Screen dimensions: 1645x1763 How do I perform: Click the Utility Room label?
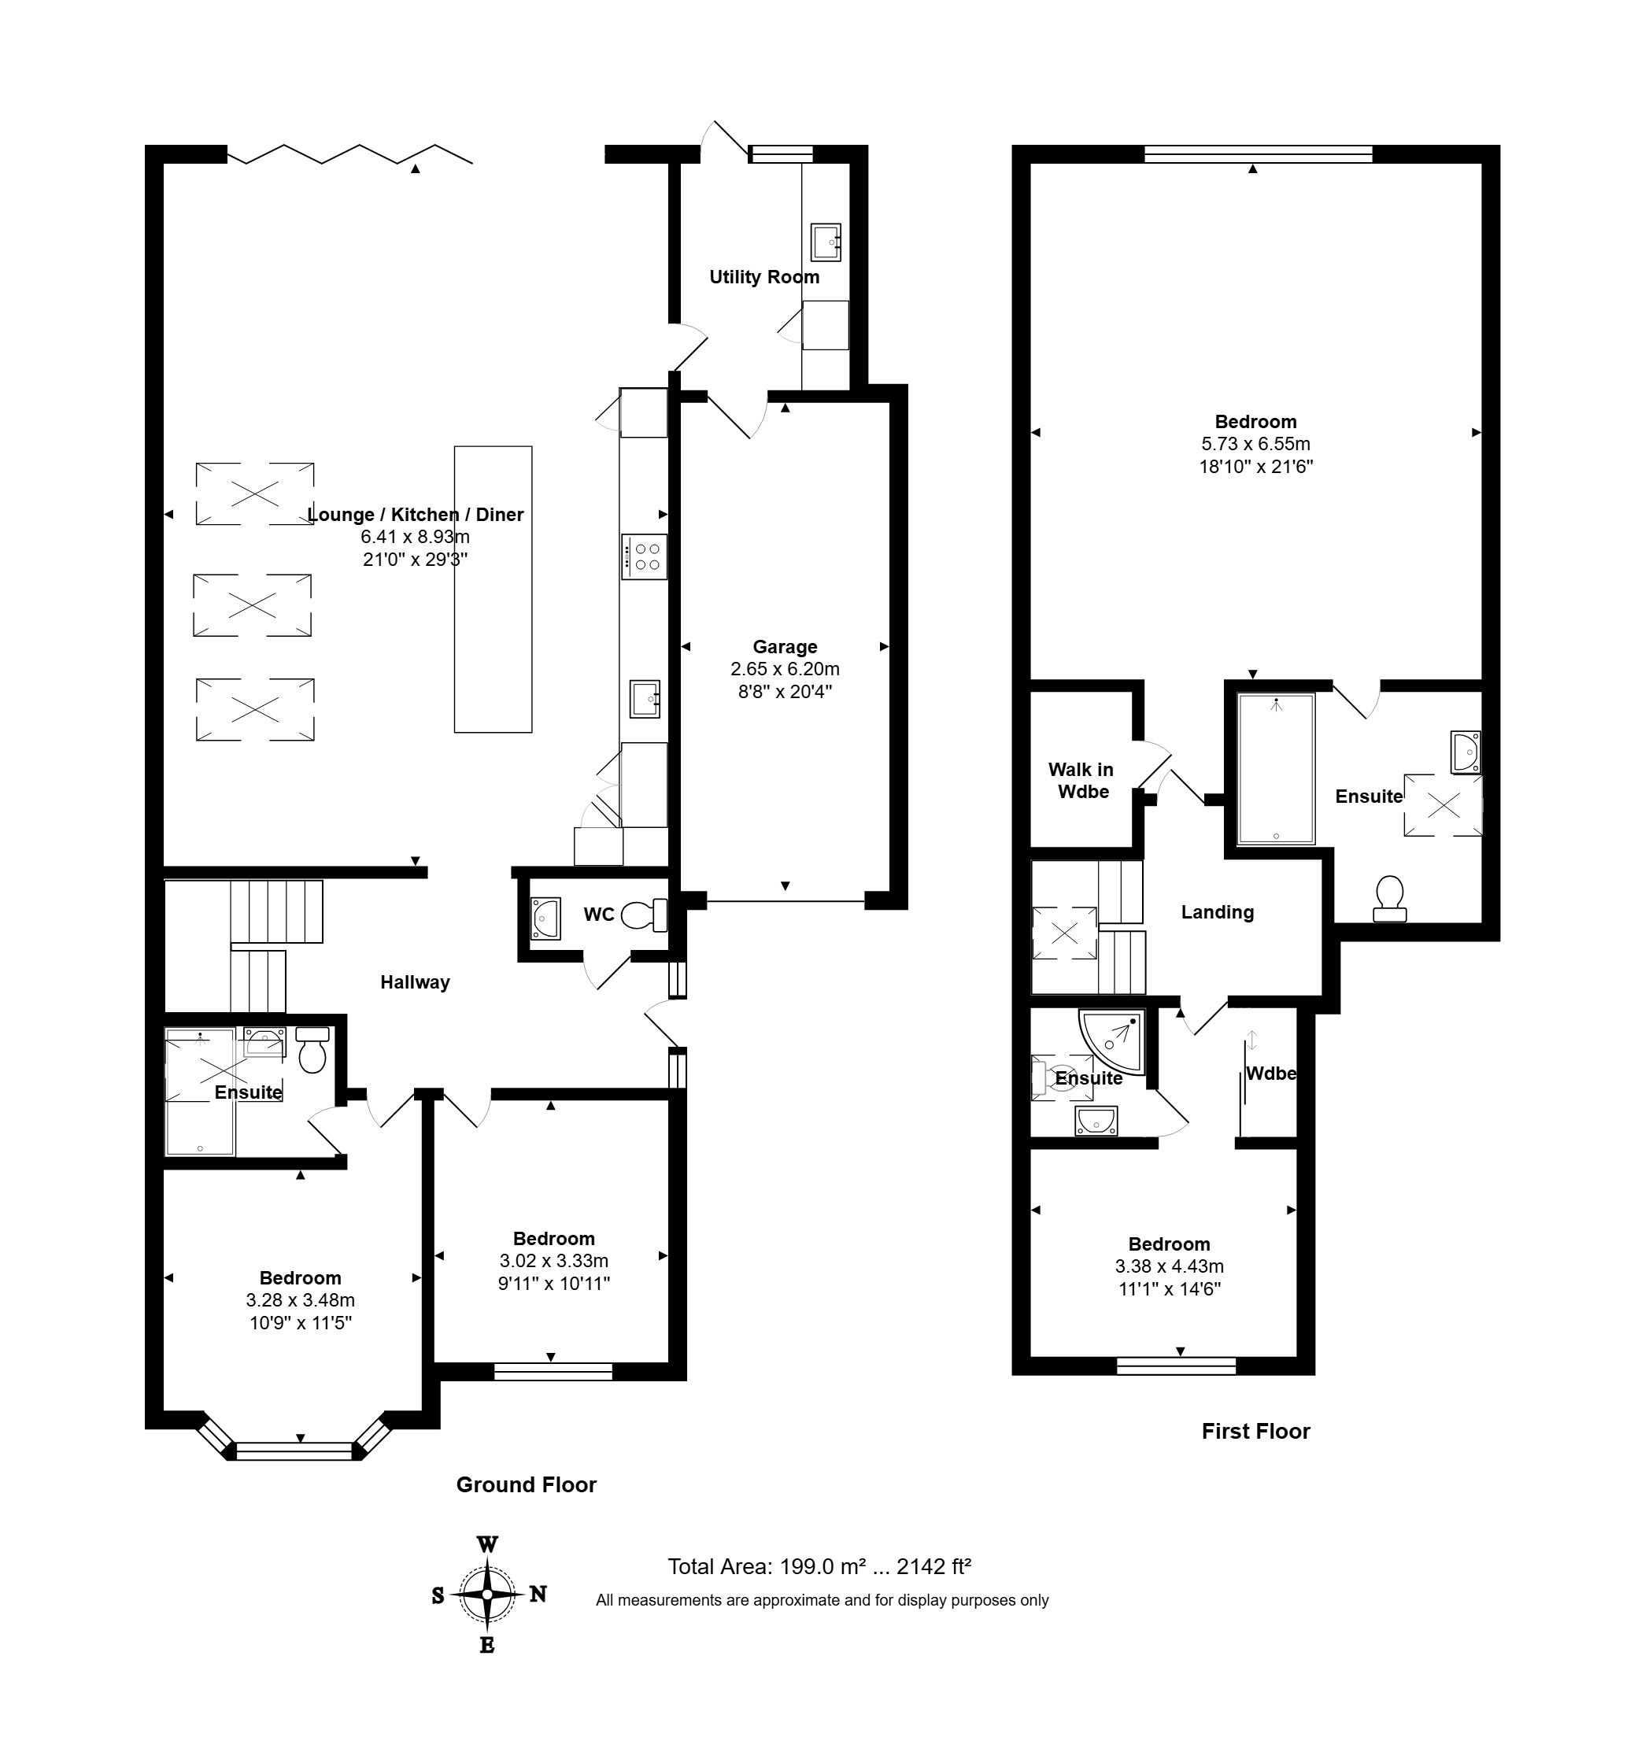pyautogui.click(x=763, y=277)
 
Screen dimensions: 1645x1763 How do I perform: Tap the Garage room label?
pyautogui.click(x=785, y=646)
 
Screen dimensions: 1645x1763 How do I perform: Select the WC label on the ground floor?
pyautogui.click(x=599, y=915)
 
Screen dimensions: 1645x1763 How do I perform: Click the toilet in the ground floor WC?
pyautogui.click(x=644, y=915)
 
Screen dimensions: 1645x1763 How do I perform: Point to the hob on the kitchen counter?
pyautogui.click(x=644, y=556)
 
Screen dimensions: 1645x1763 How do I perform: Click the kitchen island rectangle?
pyautogui.click(x=493, y=589)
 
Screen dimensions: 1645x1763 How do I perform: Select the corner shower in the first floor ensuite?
pyautogui.click(x=1111, y=1041)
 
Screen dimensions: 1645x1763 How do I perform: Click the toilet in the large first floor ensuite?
pyautogui.click(x=1388, y=898)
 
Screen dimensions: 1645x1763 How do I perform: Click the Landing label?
pyautogui.click(x=1217, y=912)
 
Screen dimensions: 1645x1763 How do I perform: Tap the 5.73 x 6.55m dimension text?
pyautogui.click(x=1255, y=443)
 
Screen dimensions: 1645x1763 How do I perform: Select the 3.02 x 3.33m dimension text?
pyautogui.click(x=554, y=1260)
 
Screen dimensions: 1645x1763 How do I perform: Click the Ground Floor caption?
pyautogui.click(x=526, y=1484)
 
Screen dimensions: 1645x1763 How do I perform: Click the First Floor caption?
pyautogui.click(x=1255, y=1430)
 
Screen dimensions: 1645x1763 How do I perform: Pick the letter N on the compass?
pyautogui.click(x=538, y=1594)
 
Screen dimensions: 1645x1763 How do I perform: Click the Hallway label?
pyautogui.click(x=415, y=981)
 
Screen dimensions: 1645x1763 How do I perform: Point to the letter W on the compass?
pyautogui.click(x=487, y=1544)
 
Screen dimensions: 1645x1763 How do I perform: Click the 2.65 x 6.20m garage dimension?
pyautogui.click(x=785, y=669)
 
